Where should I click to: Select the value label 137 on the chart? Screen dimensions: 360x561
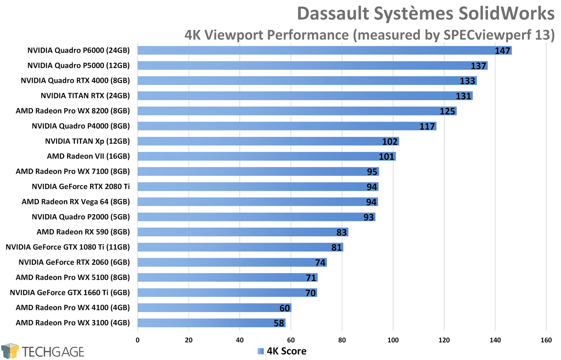(478, 66)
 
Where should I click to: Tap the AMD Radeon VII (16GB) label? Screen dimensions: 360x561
(88, 156)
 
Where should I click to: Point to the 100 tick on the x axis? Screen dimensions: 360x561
(393, 340)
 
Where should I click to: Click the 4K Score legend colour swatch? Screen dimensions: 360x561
(261, 351)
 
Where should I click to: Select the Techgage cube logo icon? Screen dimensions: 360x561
(10, 351)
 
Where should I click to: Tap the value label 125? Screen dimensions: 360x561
(447, 111)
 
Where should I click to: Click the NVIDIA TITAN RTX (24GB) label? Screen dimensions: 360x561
(85, 96)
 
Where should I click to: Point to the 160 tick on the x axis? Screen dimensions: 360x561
(546, 340)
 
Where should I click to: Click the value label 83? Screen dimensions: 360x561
(342, 232)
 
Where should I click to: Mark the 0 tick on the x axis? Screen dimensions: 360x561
(137, 340)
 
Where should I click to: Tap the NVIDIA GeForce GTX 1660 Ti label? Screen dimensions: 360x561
(70, 293)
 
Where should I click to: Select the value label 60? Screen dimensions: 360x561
(285, 308)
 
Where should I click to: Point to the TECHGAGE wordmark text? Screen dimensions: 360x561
(53, 352)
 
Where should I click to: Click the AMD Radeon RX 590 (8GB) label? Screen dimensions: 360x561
(83, 232)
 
